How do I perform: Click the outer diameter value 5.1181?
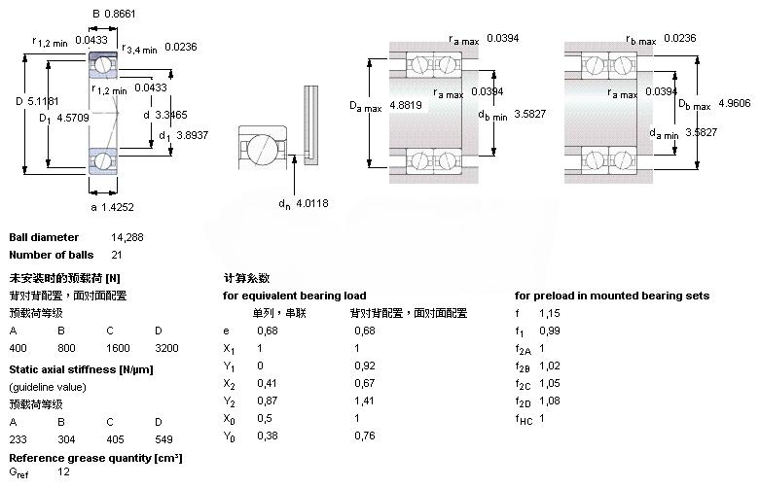[x=43, y=100]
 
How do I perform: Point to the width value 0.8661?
[x=122, y=15]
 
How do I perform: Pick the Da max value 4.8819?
[x=408, y=105]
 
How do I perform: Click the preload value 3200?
[x=167, y=347]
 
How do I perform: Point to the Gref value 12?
[x=64, y=472]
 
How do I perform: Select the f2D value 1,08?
[x=551, y=401]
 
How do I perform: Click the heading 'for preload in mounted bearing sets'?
[x=611, y=296]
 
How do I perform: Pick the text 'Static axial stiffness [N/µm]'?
[x=81, y=369]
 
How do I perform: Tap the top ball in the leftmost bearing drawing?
[x=101, y=65]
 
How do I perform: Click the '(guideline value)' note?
[x=48, y=387]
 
